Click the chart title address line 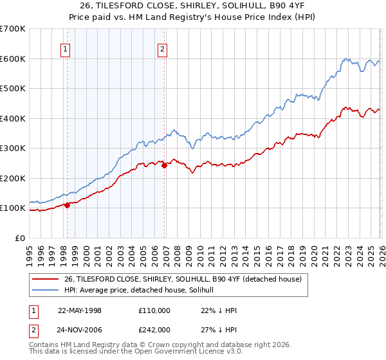click(193, 6)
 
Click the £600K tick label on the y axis click(12, 59)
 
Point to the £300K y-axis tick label click(12, 148)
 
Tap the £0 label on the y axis click(20, 238)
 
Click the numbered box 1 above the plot click(66, 48)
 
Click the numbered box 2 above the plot click(163, 48)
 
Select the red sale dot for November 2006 click(164, 165)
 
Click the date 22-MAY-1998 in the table click(80, 310)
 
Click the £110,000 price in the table click(154, 310)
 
